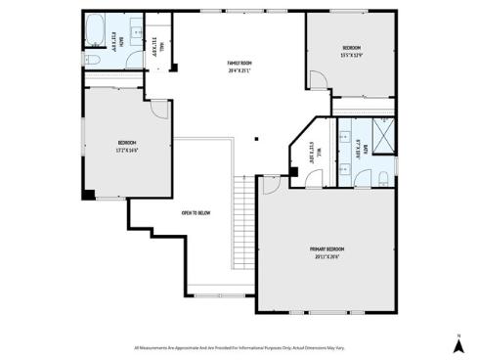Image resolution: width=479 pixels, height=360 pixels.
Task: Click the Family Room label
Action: [x=239, y=64]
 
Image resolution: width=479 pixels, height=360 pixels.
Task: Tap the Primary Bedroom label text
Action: [x=327, y=249]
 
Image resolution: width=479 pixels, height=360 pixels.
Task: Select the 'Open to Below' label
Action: [x=196, y=213]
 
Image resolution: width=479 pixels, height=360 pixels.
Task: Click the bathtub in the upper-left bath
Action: [x=95, y=31]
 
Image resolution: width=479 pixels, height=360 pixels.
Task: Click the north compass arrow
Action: [x=457, y=343]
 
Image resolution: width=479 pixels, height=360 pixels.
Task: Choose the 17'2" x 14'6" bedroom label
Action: [x=127, y=150]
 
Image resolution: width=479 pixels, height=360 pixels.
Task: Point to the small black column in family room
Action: [x=255, y=138]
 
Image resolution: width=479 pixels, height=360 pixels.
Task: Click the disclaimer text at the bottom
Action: [x=239, y=346]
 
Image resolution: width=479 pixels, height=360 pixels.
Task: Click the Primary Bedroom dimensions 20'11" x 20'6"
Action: [x=327, y=257]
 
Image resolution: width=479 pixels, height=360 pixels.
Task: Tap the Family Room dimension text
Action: [x=239, y=70]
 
